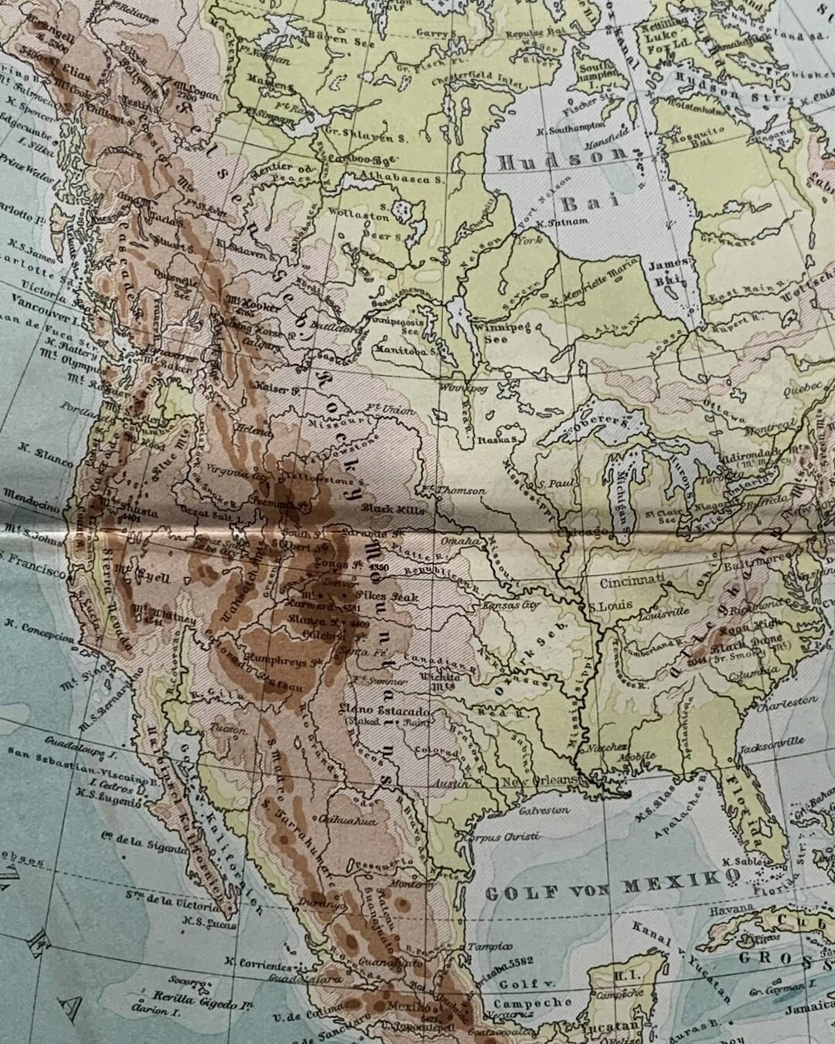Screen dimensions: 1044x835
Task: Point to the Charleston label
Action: click(787, 703)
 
